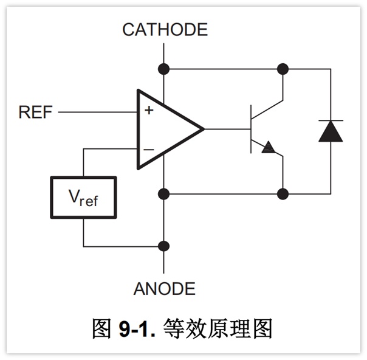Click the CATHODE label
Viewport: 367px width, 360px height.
click(x=165, y=30)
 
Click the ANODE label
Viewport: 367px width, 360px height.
click(x=165, y=289)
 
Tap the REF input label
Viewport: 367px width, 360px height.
click(x=35, y=112)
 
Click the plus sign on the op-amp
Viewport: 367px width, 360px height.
click(x=149, y=110)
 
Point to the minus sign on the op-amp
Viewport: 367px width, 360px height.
click(x=149, y=150)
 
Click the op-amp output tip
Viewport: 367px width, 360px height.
click(x=204, y=129)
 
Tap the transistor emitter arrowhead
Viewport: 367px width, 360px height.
click(x=268, y=148)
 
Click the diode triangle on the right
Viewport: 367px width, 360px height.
click(x=331, y=131)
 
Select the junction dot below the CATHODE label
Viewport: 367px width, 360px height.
click(x=164, y=69)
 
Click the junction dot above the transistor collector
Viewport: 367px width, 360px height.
click(x=283, y=69)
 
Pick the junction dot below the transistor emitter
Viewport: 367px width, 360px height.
click(x=283, y=194)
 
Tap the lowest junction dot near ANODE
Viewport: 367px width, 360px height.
click(x=164, y=246)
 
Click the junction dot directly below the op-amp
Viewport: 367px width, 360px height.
click(x=164, y=194)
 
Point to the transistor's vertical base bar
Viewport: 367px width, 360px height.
click(x=251, y=129)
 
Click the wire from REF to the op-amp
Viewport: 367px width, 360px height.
click(x=98, y=112)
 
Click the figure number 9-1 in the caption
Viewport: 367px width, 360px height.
click(x=137, y=329)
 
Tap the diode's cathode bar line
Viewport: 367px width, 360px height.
click(x=331, y=120)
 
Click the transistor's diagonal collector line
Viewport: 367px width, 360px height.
click(x=267, y=109)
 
